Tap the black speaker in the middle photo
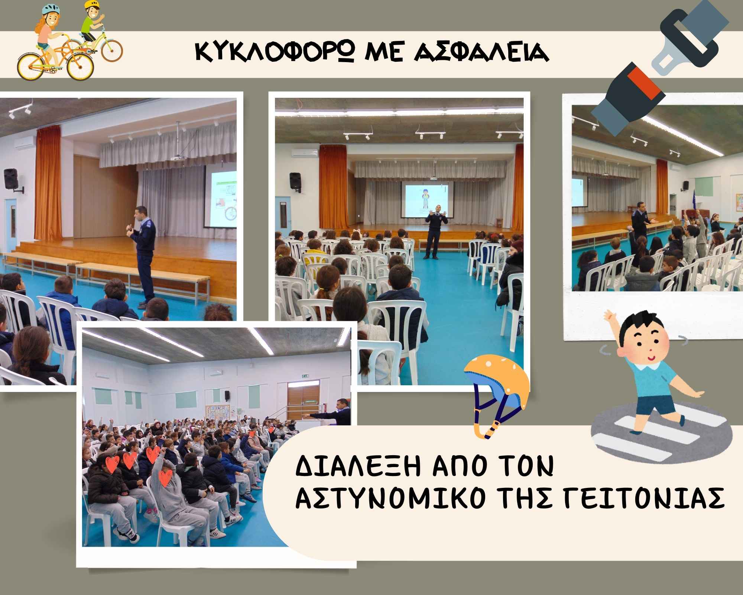(x=295, y=182)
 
